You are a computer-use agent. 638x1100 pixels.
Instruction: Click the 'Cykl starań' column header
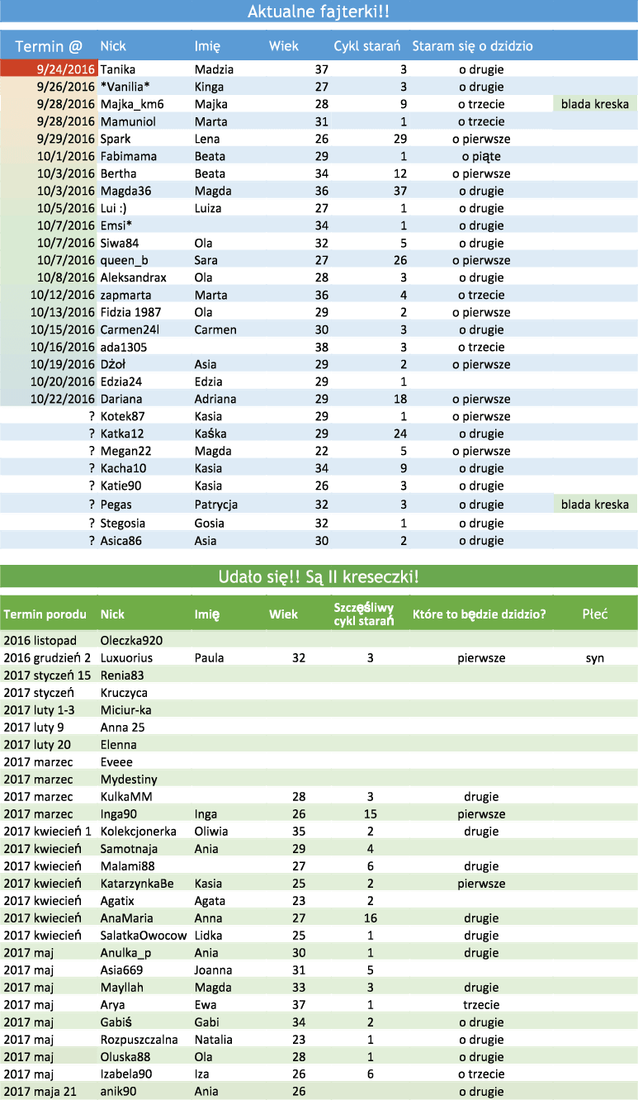point(367,46)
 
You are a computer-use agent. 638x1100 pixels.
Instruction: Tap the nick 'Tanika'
point(117,69)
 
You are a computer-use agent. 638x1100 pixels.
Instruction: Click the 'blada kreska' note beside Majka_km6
point(594,104)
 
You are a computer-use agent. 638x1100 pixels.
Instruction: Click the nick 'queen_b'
point(124,260)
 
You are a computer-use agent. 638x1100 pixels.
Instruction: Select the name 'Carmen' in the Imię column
point(215,330)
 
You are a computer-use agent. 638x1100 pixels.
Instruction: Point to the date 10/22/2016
point(63,399)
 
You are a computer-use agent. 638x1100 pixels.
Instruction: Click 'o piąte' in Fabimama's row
point(481,156)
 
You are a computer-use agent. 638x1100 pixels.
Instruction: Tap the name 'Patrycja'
point(216,505)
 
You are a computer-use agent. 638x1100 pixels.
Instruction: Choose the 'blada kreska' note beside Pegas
point(594,505)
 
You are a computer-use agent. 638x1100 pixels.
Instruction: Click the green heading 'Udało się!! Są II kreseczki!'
point(319,576)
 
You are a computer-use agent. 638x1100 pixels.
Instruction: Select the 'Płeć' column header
point(595,614)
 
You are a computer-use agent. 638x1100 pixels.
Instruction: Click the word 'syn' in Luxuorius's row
point(594,658)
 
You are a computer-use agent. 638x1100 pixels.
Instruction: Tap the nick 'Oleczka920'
point(131,641)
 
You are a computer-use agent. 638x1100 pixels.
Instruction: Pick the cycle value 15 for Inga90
point(371,814)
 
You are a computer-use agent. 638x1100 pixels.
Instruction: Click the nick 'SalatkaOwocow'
point(144,936)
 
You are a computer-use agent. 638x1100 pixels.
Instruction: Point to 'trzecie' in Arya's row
point(481,1005)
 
